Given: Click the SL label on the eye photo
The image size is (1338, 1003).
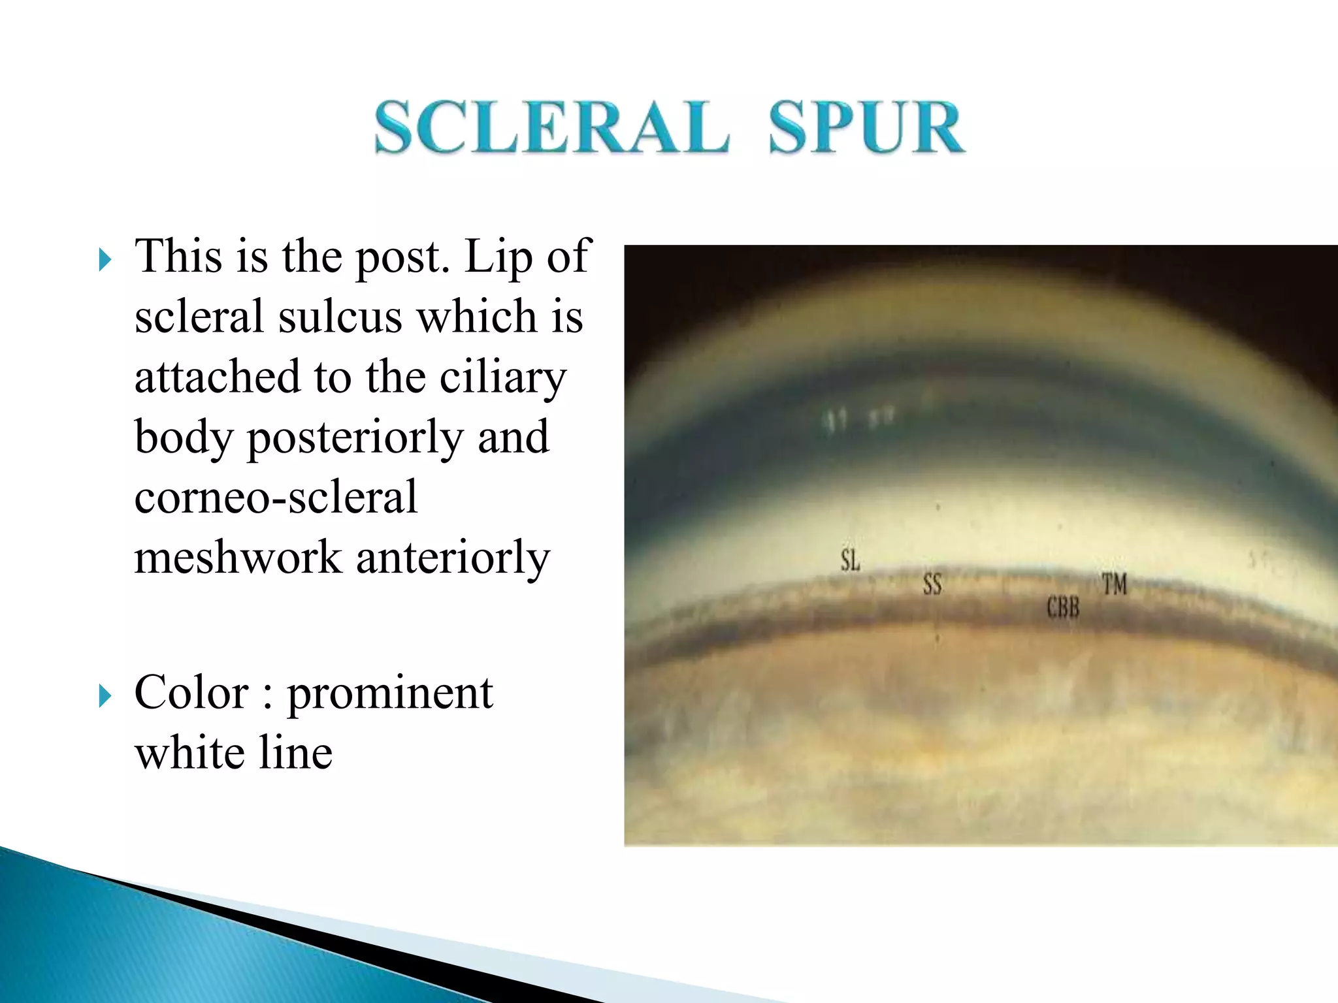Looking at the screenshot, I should [x=850, y=560].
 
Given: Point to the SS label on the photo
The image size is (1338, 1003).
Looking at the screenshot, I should [x=932, y=584].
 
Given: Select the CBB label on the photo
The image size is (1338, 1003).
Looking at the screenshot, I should [x=1063, y=608].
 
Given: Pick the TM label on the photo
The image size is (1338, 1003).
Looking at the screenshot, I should [x=1115, y=584].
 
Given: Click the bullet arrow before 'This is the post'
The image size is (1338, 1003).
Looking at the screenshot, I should [x=105, y=260].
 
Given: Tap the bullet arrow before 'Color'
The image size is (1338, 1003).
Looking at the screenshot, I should [x=105, y=696].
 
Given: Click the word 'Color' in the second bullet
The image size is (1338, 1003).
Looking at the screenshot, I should [x=191, y=692].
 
